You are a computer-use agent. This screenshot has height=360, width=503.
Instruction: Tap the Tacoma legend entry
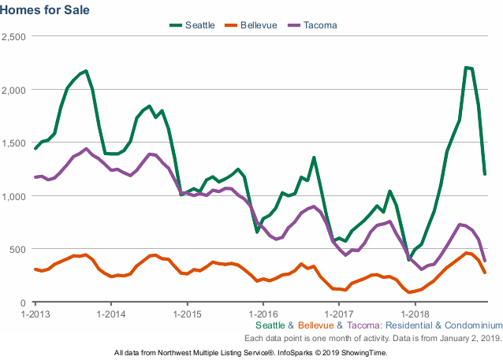[x=319, y=25]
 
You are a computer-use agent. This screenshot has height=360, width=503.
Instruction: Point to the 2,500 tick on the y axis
[x=14, y=36]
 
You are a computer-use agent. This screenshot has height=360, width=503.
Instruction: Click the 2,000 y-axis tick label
[x=14, y=90]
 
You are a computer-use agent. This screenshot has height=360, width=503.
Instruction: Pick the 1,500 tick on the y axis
[x=14, y=143]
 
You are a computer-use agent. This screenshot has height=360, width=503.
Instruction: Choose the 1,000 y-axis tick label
[x=14, y=196]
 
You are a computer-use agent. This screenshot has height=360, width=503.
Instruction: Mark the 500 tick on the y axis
[x=19, y=249]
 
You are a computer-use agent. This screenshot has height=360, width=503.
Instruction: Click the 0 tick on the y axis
[x=24, y=302]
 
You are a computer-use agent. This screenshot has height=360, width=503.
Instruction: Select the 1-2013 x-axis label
[x=35, y=313]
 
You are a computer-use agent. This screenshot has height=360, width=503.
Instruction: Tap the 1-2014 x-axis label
[x=111, y=313]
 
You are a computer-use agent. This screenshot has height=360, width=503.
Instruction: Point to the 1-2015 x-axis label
[x=187, y=313]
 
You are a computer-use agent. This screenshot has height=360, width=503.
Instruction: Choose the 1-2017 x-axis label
[x=338, y=313]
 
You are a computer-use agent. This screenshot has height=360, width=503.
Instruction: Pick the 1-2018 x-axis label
[x=414, y=313]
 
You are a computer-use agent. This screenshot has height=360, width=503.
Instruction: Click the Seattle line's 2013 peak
[x=86, y=71]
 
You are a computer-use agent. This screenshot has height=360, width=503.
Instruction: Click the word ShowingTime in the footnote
[x=364, y=352]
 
